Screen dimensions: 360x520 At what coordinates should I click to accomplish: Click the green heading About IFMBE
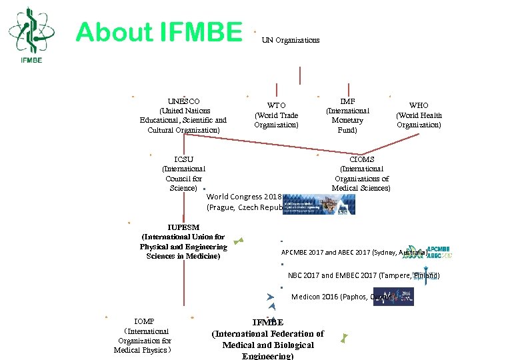point(159,32)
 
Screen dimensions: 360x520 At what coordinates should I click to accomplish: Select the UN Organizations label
point(290,40)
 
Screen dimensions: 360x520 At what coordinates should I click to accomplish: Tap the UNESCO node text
point(183,115)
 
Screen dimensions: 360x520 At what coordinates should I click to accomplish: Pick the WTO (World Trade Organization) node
point(276,115)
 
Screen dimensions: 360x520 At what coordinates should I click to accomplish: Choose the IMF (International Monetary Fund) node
point(347,115)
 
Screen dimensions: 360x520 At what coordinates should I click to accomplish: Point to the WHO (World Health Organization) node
point(419,115)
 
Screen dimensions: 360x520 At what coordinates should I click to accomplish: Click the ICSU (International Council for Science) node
point(183,174)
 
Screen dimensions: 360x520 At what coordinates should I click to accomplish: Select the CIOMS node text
point(361,174)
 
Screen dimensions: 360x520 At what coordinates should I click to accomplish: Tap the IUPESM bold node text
point(183,241)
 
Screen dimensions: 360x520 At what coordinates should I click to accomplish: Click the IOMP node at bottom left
point(143,335)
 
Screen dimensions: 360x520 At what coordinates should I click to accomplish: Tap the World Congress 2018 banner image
point(319,204)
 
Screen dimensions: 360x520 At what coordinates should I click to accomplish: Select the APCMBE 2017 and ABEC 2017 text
point(353,253)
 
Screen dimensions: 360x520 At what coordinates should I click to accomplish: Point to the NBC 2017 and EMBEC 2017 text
point(363,275)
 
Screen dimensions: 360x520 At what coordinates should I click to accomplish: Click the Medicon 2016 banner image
point(393,296)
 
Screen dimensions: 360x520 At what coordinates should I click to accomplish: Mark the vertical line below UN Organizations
point(300,75)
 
